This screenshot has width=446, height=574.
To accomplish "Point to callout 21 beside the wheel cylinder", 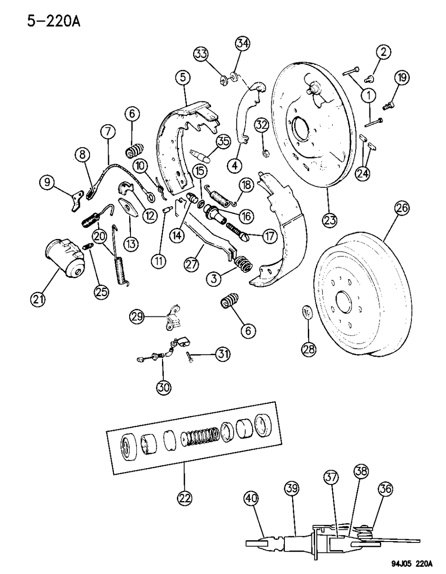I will click(x=38, y=299).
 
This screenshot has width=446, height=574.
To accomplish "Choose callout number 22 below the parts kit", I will click(x=185, y=498).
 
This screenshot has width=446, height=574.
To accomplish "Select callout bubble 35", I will click(x=222, y=140).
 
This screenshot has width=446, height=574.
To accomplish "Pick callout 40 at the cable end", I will click(x=252, y=499).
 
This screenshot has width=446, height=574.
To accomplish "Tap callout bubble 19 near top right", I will click(x=402, y=78).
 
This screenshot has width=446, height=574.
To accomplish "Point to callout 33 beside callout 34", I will click(x=203, y=55).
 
